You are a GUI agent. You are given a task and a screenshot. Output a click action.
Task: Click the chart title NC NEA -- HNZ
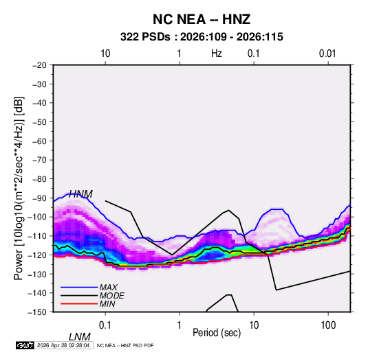click(x=202, y=19)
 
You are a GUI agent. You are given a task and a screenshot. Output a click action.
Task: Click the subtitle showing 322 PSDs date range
click(x=202, y=37)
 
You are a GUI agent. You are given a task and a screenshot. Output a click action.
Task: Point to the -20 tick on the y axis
click(x=39, y=65)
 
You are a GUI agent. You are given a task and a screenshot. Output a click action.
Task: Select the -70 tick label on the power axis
click(x=39, y=160)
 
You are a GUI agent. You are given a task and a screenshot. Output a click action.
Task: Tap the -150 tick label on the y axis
click(x=37, y=312)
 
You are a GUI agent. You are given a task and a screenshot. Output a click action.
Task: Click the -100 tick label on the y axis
click(x=37, y=217)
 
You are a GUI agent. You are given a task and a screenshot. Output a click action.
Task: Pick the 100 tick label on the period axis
click(x=328, y=325)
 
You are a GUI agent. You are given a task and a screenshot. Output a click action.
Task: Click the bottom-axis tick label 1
click(x=179, y=325)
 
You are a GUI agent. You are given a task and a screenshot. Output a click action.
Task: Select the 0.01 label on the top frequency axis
click(x=327, y=54)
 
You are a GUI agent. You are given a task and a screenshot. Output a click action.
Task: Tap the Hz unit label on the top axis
click(x=217, y=54)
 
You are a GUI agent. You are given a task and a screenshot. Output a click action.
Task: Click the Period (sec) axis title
click(x=217, y=333)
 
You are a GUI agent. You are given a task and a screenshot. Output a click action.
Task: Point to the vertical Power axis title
click(x=19, y=189)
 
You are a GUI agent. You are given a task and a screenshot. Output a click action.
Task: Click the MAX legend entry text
click(x=109, y=288)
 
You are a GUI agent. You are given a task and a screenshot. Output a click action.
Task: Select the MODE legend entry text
click(x=111, y=296)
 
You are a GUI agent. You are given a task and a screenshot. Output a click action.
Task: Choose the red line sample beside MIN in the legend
click(x=79, y=304)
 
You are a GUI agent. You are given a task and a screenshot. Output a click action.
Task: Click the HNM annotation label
click(x=80, y=194)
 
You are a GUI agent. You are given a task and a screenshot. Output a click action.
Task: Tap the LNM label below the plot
click(x=79, y=337)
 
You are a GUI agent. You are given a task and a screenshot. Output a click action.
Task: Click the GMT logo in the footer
click(x=25, y=345)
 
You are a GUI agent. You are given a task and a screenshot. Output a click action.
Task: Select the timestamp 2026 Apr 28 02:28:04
click(x=63, y=345)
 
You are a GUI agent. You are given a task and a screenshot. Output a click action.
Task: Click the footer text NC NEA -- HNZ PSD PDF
click(x=125, y=345)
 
